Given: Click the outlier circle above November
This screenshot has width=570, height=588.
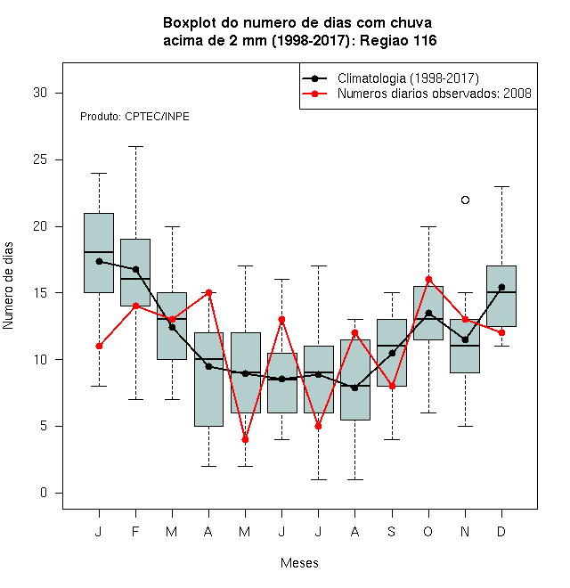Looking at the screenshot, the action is click(465, 200).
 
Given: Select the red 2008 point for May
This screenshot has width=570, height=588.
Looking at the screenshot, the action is click(245, 439).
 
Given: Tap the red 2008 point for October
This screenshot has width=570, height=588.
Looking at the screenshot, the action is click(428, 280).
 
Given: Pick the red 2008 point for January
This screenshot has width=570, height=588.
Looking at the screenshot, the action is click(99, 347).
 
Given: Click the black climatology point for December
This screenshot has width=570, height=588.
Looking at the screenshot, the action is click(501, 287).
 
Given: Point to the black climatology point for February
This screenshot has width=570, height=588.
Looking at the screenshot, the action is click(135, 270).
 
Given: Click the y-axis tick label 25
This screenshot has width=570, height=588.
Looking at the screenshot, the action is click(40, 159).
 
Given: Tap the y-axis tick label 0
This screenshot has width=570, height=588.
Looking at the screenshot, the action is click(44, 493).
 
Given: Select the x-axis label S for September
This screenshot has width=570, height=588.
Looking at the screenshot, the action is click(392, 531).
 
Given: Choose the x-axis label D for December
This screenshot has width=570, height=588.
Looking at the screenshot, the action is click(501, 531).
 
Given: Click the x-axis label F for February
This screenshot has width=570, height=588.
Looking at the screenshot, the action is click(135, 531).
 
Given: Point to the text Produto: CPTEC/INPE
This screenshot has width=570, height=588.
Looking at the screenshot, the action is click(134, 117).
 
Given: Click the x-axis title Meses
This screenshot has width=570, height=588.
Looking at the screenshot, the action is click(299, 563).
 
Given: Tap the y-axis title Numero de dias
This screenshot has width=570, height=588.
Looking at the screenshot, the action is click(8, 286).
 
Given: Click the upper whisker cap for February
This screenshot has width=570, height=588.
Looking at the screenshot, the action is click(135, 147).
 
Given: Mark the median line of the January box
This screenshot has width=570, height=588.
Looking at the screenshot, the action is click(99, 252).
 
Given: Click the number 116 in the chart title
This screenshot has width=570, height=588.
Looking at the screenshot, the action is click(425, 40).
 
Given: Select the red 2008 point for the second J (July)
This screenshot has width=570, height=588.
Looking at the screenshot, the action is click(318, 427).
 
